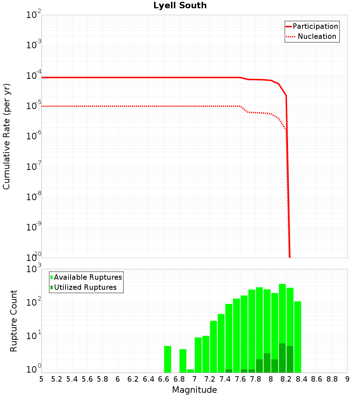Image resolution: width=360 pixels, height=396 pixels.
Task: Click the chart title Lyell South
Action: click(x=180, y=6)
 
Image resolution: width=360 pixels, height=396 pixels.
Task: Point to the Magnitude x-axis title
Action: click(x=194, y=390)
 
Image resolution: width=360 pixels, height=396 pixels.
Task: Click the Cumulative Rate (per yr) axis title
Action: click(x=6, y=136)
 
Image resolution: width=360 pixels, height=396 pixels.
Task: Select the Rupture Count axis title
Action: click(x=14, y=321)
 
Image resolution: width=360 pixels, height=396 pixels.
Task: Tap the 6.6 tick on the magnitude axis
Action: click(x=164, y=379)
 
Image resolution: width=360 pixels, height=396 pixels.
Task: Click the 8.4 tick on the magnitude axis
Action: click(x=302, y=379)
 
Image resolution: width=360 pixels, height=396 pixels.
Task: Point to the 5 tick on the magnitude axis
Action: click(x=41, y=379)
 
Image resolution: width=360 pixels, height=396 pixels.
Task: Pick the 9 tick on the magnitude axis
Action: click(x=347, y=379)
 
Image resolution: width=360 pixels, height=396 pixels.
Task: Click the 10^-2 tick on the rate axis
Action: click(x=34, y=15)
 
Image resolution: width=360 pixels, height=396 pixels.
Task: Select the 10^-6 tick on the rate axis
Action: click(x=34, y=136)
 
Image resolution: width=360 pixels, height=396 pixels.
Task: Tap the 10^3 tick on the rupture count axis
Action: click(x=34, y=269)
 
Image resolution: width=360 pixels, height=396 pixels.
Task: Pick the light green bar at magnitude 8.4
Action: click(x=298, y=337)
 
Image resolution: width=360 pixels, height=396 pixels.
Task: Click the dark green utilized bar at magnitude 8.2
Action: click(x=282, y=358)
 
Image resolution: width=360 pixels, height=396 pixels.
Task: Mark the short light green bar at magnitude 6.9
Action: click(x=190, y=371)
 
